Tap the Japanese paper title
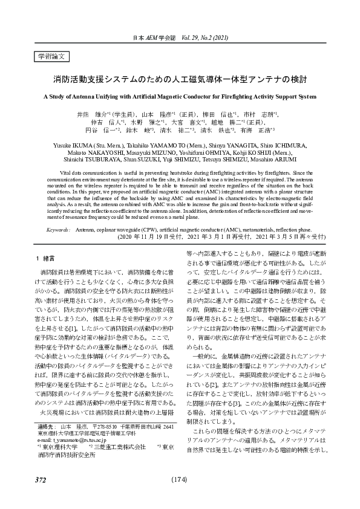(180, 79)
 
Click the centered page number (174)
(180, 479)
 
